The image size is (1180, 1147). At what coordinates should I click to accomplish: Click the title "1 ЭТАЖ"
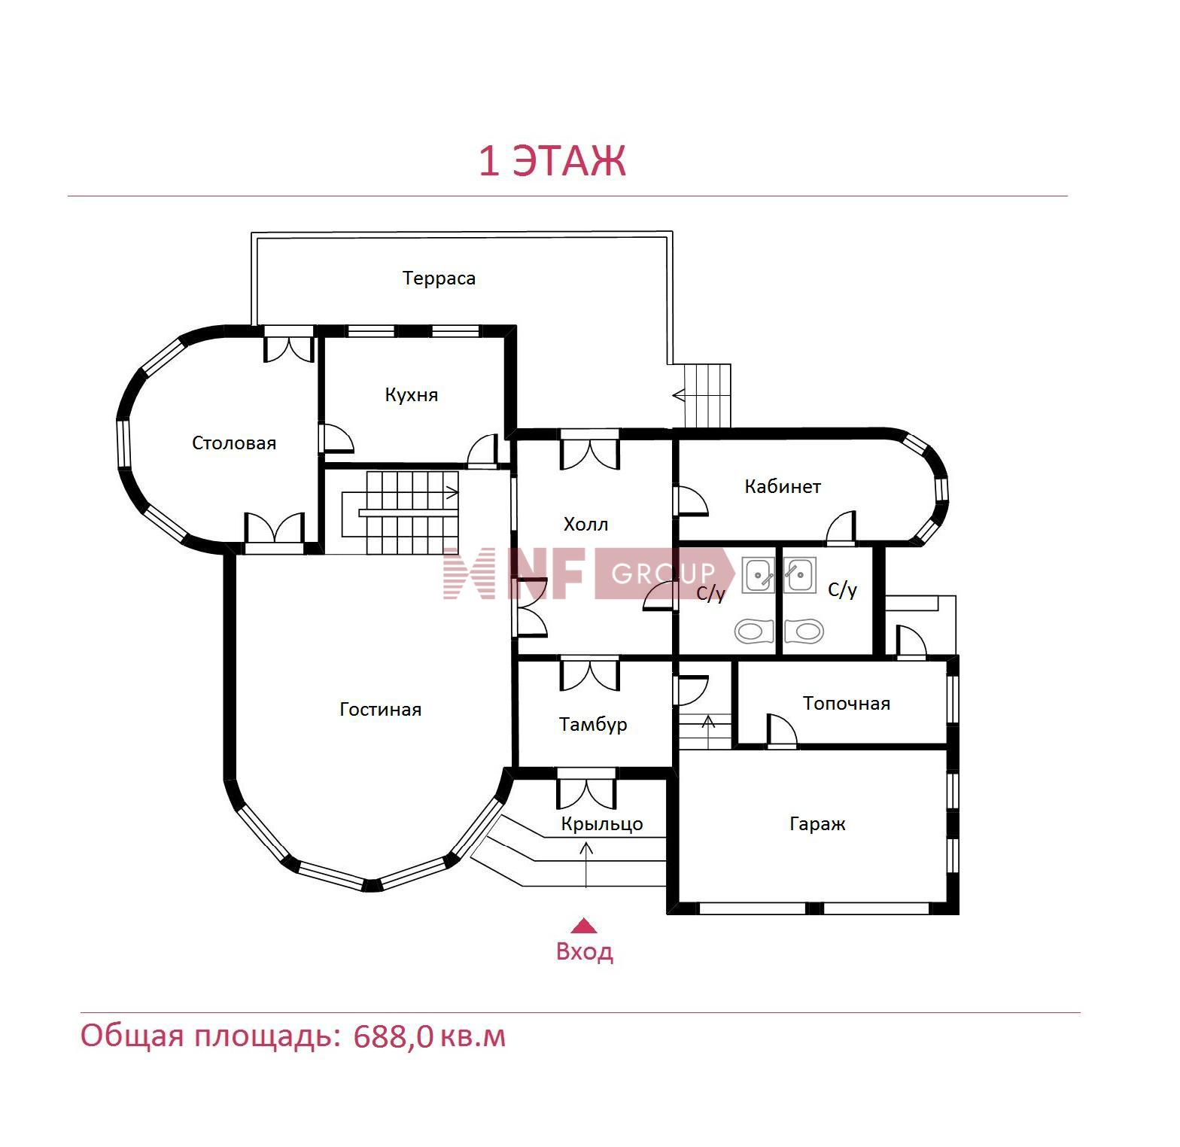pyautogui.click(x=552, y=161)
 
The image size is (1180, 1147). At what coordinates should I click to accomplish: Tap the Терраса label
pyautogui.click(x=439, y=278)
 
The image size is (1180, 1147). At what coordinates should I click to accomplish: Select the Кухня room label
pyautogui.click(x=411, y=395)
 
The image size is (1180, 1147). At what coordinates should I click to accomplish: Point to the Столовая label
pyautogui.click(x=234, y=443)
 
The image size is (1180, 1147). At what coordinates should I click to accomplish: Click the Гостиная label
pyautogui.click(x=380, y=710)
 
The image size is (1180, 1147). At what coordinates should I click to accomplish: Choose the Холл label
pyautogui.click(x=585, y=525)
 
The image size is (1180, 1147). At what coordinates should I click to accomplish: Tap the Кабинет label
pyautogui.click(x=783, y=487)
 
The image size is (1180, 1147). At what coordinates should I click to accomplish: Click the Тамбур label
pyautogui.click(x=593, y=725)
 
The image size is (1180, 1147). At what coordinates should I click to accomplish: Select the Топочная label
pyautogui.click(x=847, y=704)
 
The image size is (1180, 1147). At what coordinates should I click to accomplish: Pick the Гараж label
pyautogui.click(x=817, y=824)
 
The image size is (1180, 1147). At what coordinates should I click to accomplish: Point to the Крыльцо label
pyautogui.click(x=602, y=824)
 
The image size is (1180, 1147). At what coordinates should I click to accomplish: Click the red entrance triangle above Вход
pyautogui.click(x=584, y=926)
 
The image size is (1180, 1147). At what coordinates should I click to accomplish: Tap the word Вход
pyautogui.click(x=584, y=952)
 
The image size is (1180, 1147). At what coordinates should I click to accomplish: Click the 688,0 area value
pyautogui.click(x=394, y=1037)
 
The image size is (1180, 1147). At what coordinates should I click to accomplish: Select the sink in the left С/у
pyautogui.click(x=758, y=576)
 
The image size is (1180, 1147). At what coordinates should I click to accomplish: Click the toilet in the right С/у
pyautogui.click(x=804, y=631)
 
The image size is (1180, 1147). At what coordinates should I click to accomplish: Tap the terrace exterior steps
pyautogui.click(x=707, y=396)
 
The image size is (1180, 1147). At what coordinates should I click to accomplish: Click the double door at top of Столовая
pyautogui.click(x=288, y=345)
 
